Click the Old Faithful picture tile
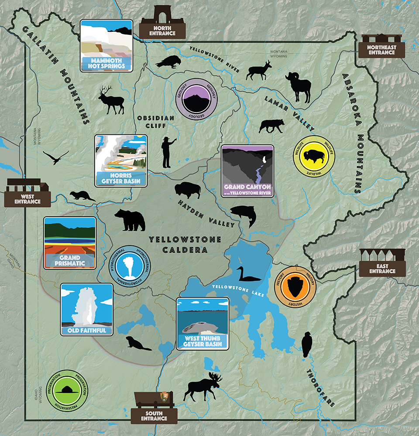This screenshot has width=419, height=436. coord(86,309)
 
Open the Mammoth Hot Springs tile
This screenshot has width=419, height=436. coord(106,45)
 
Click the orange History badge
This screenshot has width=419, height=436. coord(295,286)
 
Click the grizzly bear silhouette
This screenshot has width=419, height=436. coord(129,220)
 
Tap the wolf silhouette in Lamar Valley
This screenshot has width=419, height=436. coord(271,126)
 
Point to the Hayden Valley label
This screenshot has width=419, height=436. coord(206,213)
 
